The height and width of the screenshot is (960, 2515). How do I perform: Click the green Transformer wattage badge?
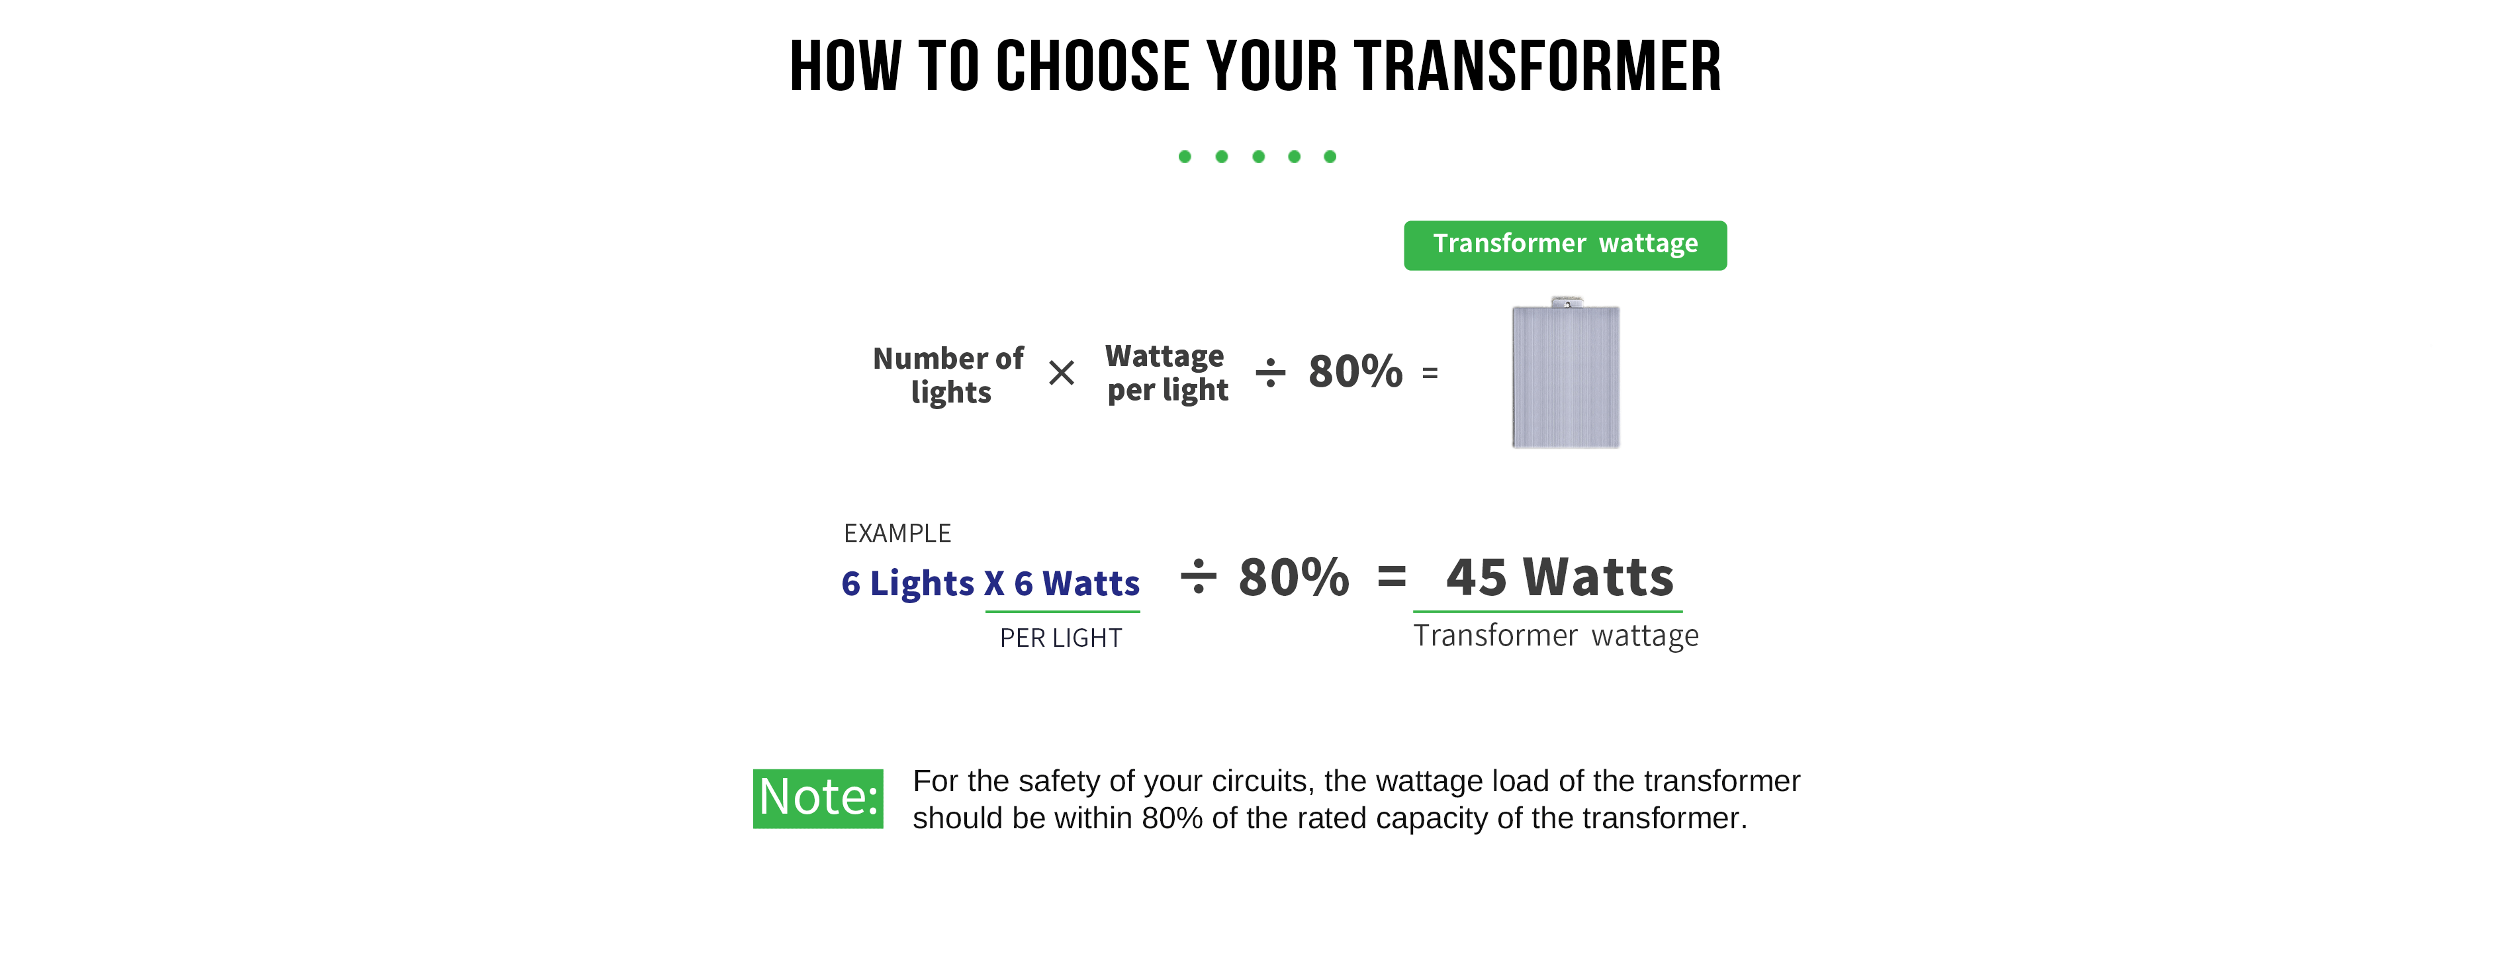pyautogui.click(x=1565, y=245)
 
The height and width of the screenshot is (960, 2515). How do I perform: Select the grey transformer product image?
pyautogui.click(x=1566, y=373)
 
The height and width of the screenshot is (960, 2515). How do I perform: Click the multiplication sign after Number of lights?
pyautogui.click(x=1061, y=373)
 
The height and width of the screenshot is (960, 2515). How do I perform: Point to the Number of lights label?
pyautogui.click(x=948, y=375)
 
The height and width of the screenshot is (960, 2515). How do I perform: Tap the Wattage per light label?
pyautogui.click(x=1167, y=373)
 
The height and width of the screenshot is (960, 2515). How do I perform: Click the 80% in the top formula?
pyautogui.click(x=1355, y=372)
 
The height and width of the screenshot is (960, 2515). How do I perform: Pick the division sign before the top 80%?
pyautogui.click(x=1270, y=373)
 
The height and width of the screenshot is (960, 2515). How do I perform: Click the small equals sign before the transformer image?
pyautogui.click(x=1430, y=373)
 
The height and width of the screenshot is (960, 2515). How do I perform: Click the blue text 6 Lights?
pyautogui.click(x=908, y=583)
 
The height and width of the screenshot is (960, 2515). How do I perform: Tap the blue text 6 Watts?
pyautogui.click(x=1077, y=583)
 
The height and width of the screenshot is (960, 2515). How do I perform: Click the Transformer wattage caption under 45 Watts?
pyautogui.click(x=1556, y=636)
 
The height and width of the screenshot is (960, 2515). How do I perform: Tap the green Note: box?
pyautogui.click(x=818, y=799)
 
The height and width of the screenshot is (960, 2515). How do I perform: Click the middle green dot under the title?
pyautogui.click(x=1258, y=156)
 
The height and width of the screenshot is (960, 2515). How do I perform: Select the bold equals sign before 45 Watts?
pyautogui.click(x=1393, y=576)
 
